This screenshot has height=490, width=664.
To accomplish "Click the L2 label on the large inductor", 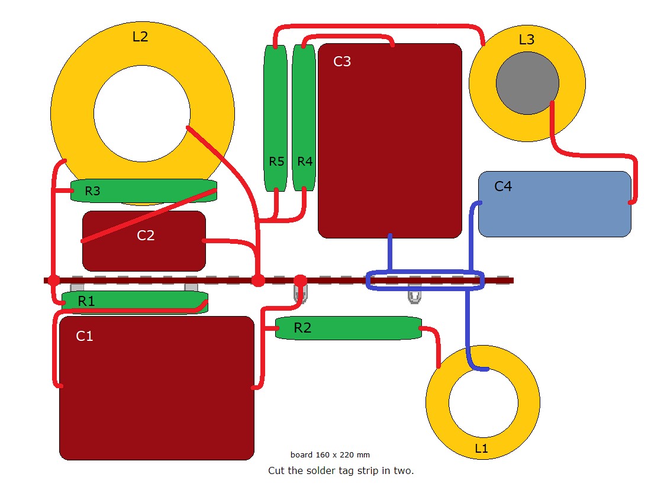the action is (140, 37).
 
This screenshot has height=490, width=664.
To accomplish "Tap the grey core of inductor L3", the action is (527, 83).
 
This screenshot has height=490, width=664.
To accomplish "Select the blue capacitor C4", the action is (555, 204).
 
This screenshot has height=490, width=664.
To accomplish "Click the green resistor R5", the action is (275, 118).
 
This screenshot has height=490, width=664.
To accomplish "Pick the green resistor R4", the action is (304, 118).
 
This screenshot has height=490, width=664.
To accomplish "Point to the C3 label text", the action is (342, 62).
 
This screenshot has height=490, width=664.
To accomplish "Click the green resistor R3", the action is (144, 191).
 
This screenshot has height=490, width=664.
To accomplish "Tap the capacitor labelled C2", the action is (144, 241).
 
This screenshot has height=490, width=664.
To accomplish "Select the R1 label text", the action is (86, 301).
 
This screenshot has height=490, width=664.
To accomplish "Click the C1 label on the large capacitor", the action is (84, 336).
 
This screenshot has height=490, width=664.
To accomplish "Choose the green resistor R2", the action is (349, 328).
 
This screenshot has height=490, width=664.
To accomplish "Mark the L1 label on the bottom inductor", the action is (481, 449).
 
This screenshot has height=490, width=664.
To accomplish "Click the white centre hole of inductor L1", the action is (483, 403).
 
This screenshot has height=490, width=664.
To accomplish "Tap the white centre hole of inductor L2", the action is (142, 114).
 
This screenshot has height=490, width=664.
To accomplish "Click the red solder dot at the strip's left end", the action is (54, 280).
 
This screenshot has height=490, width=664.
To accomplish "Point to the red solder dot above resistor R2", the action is (300, 281).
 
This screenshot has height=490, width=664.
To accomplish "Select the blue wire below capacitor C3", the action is (390, 253).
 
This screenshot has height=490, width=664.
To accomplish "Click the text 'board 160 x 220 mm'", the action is (330, 455).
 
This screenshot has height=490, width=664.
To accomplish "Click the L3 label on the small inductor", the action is (526, 40).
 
